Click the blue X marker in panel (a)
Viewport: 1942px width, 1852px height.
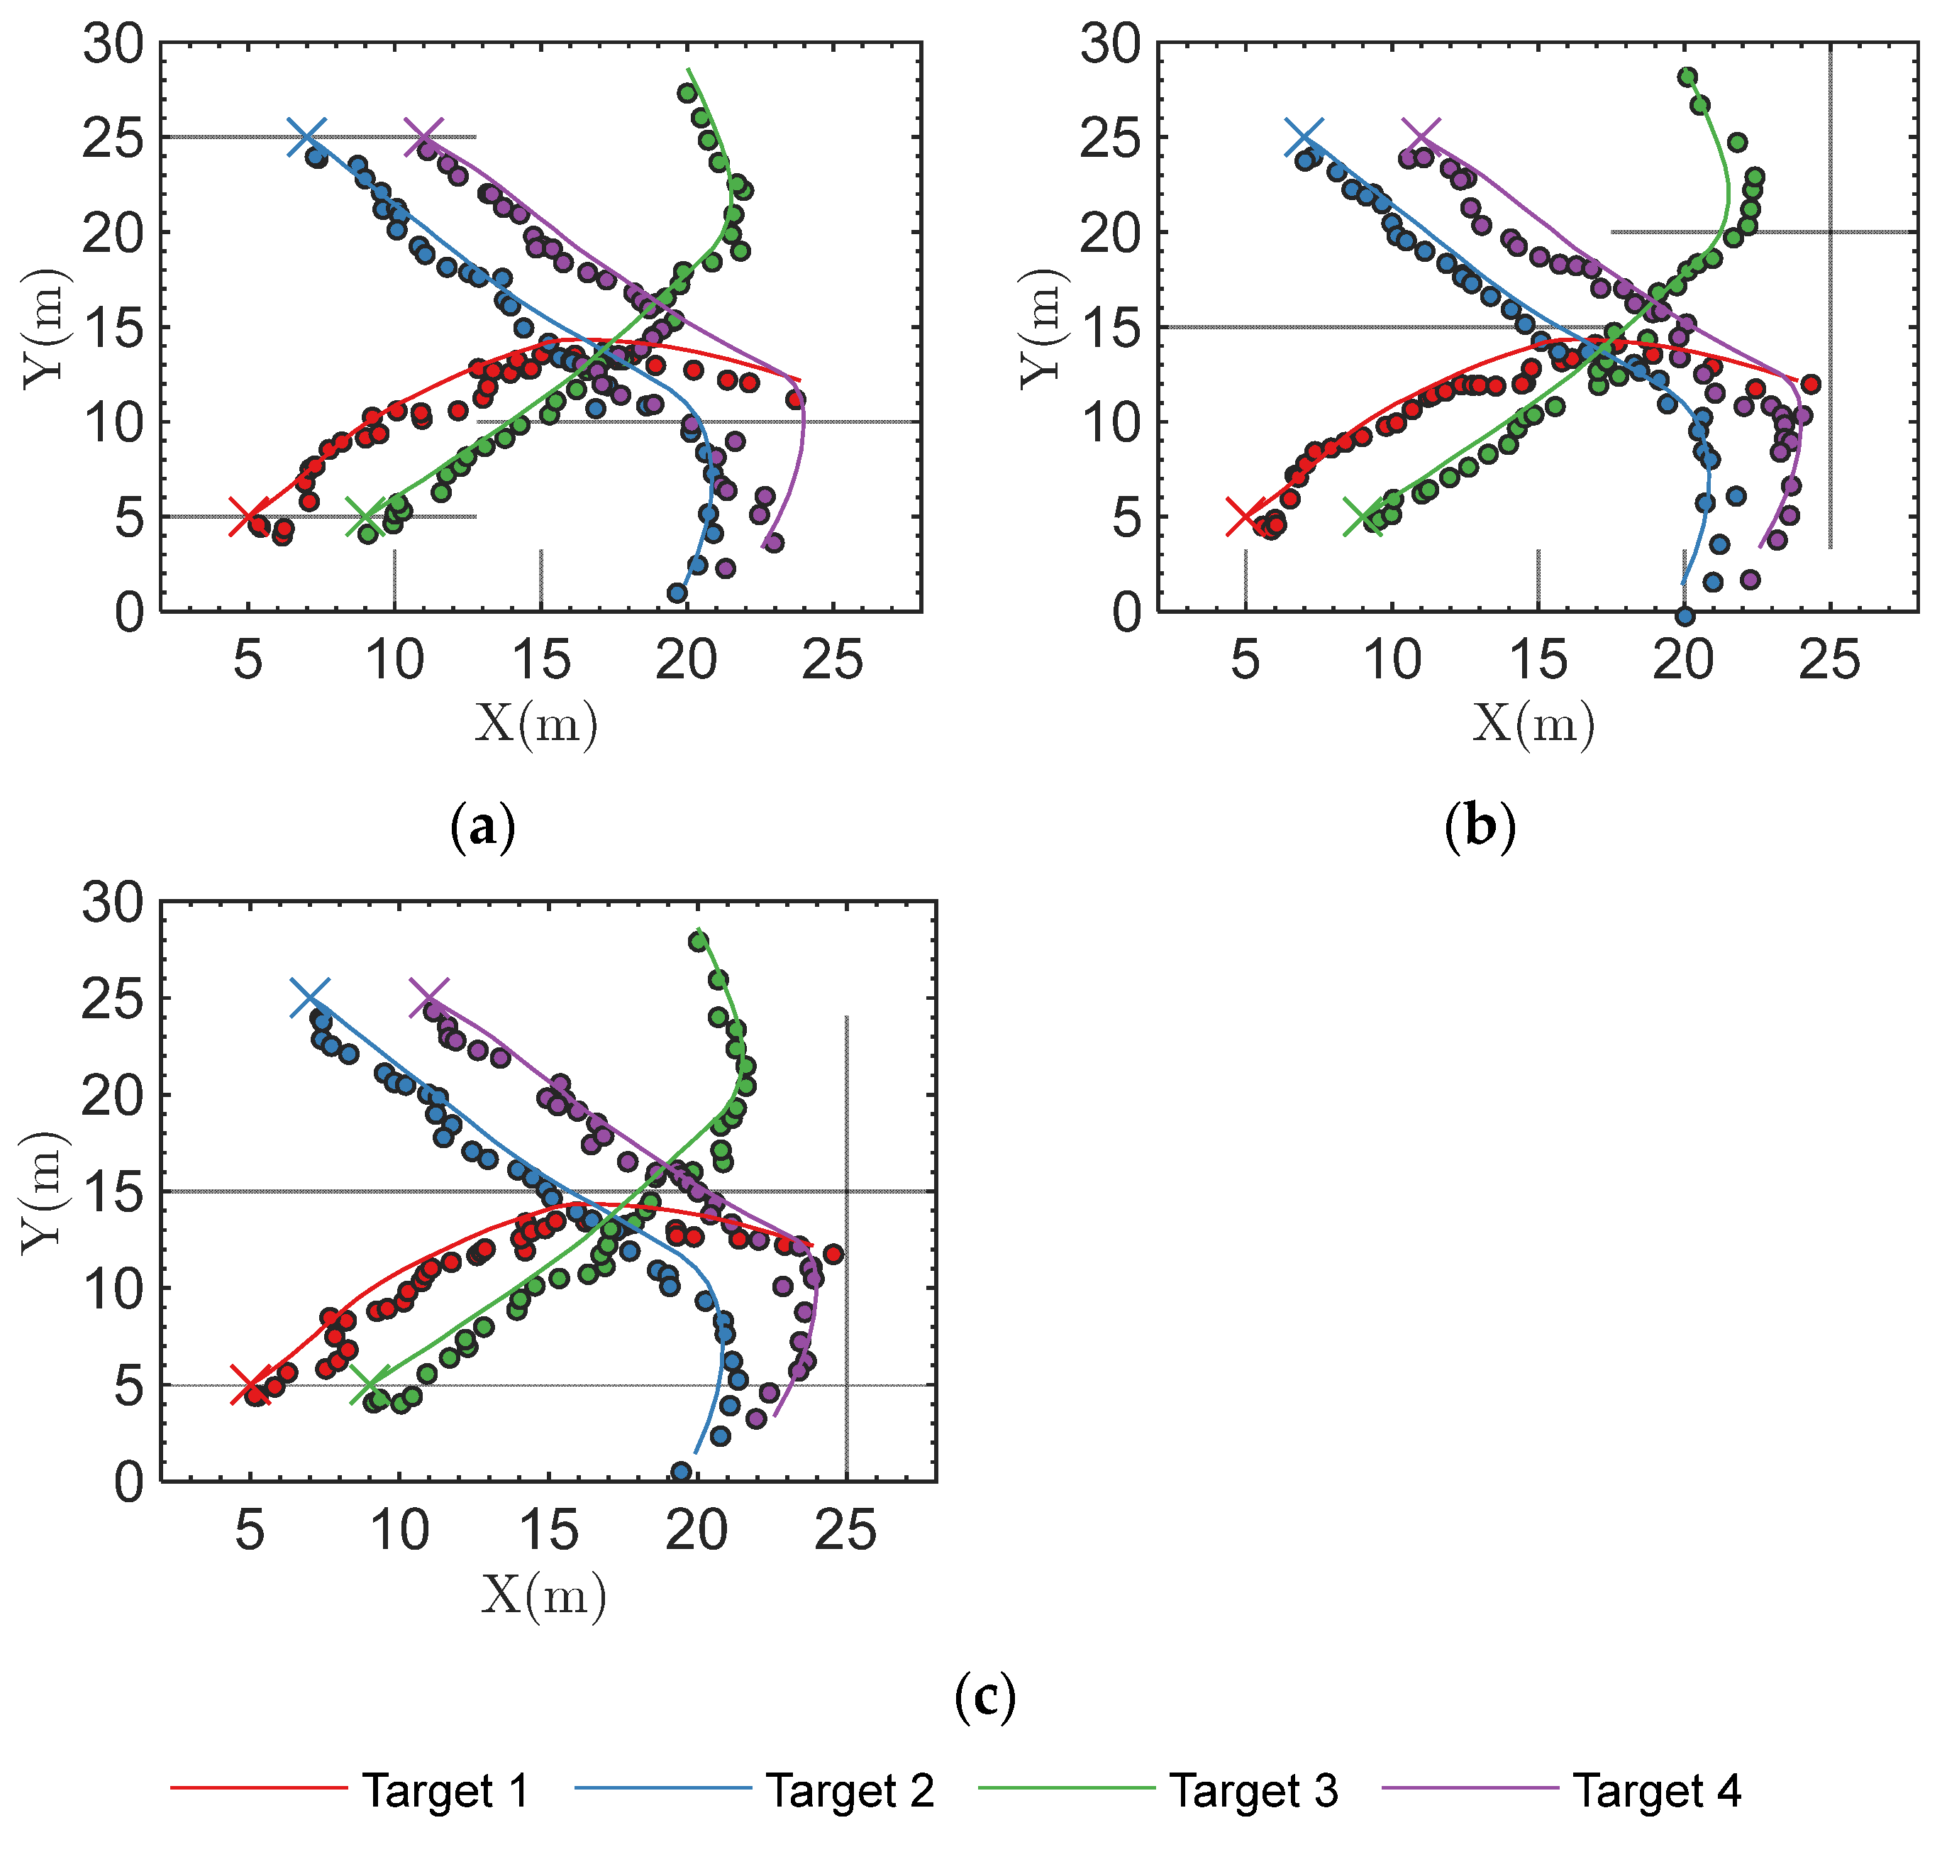[307, 136]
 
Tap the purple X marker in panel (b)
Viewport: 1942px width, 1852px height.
[1421, 136]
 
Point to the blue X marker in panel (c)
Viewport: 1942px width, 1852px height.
[310, 998]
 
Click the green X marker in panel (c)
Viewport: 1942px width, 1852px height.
[370, 1385]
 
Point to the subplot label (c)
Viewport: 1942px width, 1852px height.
[984, 1696]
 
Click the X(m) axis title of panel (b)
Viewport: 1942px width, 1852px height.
[1533, 724]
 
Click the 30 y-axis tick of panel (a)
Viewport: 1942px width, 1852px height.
[113, 45]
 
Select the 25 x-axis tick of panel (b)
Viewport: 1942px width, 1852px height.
[1829, 659]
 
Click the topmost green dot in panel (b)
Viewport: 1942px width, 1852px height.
[1687, 77]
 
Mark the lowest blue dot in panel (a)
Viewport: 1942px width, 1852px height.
[677, 593]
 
